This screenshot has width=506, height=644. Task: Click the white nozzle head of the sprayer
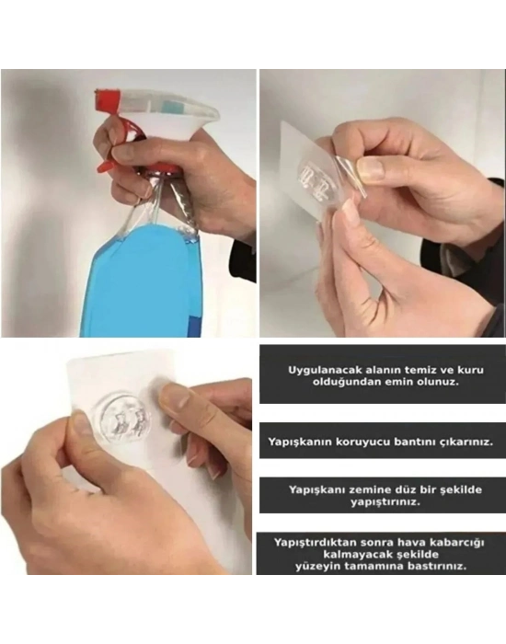tap(175, 115)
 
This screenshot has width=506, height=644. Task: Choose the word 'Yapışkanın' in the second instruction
tap(299, 442)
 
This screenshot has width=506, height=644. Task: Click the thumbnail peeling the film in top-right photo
tap(370, 168)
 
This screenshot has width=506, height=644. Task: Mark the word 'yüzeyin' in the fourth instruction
tap(322, 568)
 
